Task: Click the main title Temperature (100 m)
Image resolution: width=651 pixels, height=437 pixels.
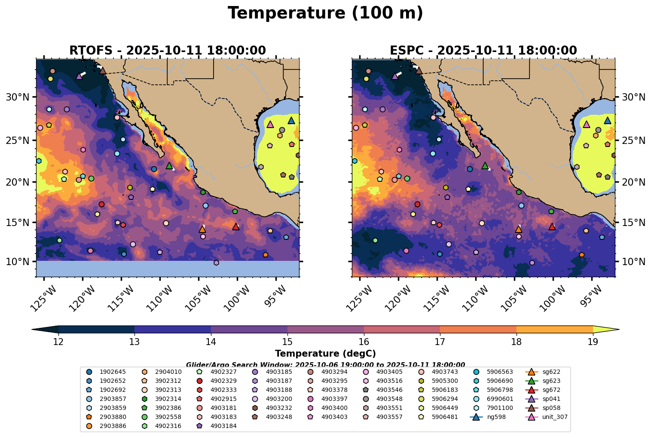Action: (x=325, y=13)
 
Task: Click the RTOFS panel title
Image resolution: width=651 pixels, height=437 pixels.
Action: (x=168, y=51)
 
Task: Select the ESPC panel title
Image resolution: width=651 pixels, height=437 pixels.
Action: (x=483, y=51)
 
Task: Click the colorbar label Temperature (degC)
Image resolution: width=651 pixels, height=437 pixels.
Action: (x=325, y=354)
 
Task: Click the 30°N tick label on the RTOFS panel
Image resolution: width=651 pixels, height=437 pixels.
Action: (x=18, y=98)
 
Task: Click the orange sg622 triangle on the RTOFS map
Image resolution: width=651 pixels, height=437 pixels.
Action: (x=202, y=229)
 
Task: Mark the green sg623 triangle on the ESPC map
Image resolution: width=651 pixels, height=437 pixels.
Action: (x=485, y=165)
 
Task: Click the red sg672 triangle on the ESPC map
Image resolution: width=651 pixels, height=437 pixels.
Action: (x=552, y=226)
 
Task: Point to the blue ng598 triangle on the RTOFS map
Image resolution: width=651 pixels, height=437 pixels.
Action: (x=291, y=121)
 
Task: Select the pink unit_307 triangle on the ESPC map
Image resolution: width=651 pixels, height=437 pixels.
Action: (x=587, y=124)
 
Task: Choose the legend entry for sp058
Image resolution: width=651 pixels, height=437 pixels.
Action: (x=544, y=408)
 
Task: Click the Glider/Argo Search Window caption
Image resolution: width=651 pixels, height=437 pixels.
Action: (x=325, y=364)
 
